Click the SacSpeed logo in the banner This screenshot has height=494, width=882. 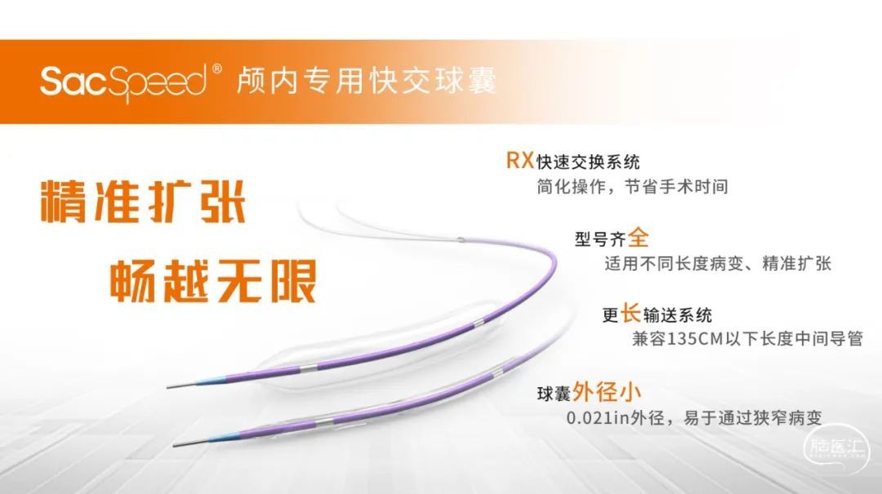click(x=124, y=82)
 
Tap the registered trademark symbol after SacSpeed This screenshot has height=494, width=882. click(x=216, y=69)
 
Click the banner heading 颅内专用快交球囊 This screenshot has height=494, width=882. click(x=367, y=80)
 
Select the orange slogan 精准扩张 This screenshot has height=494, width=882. click(x=143, y=202)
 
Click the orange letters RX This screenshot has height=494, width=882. click(x=519, y=160)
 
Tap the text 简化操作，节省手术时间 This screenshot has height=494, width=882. click(x=632, y=186)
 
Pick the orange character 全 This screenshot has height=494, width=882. click(x=639, y=237)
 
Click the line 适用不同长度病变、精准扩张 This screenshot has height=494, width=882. click(x=718, y=263)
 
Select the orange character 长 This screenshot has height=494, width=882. click(x=630, y=313)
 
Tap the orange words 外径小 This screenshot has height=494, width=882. click(x=606, y=392)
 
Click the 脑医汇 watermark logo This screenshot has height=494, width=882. click(x=836, y=447)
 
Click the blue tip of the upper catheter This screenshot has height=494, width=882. click(x=212, y=379)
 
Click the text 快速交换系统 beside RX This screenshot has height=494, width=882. click(x=588, y=162)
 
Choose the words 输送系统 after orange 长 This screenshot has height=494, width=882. click(x=678, y=315)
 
